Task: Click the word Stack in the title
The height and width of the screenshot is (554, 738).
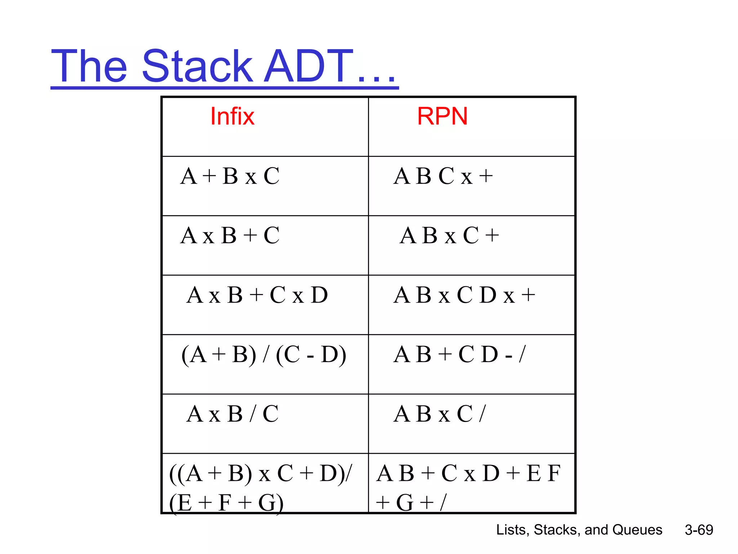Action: [x=197, y=67]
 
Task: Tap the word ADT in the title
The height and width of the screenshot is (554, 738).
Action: [x=308, y=67]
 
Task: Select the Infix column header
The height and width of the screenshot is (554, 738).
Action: [x=232, y=116]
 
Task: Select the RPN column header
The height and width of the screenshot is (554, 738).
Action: [x=442, y=116]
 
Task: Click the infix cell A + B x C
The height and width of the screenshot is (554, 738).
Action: [x=230, y=176]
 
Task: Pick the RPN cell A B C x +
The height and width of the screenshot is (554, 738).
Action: [x=443, y=176]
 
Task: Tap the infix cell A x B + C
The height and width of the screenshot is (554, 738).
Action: [x=230, y=236]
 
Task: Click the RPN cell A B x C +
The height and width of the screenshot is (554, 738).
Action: [x=449, y=236]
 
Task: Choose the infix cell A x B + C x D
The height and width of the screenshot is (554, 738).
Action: [x=257, y=295]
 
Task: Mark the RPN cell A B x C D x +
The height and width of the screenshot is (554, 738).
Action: [x=464, y=295]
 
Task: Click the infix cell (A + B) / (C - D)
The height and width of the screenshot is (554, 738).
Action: [x=264, y=355]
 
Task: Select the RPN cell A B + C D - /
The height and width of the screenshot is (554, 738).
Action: [x=460, y=355]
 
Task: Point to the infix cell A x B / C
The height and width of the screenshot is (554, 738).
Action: [x=233, y=414]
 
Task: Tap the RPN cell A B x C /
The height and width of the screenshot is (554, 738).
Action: [x=440, y=414]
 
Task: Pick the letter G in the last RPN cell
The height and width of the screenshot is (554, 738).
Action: [x=405, y=503]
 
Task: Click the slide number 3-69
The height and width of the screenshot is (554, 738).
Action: [x=699, y=530]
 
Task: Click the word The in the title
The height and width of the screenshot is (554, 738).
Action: [x=89, y=67]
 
